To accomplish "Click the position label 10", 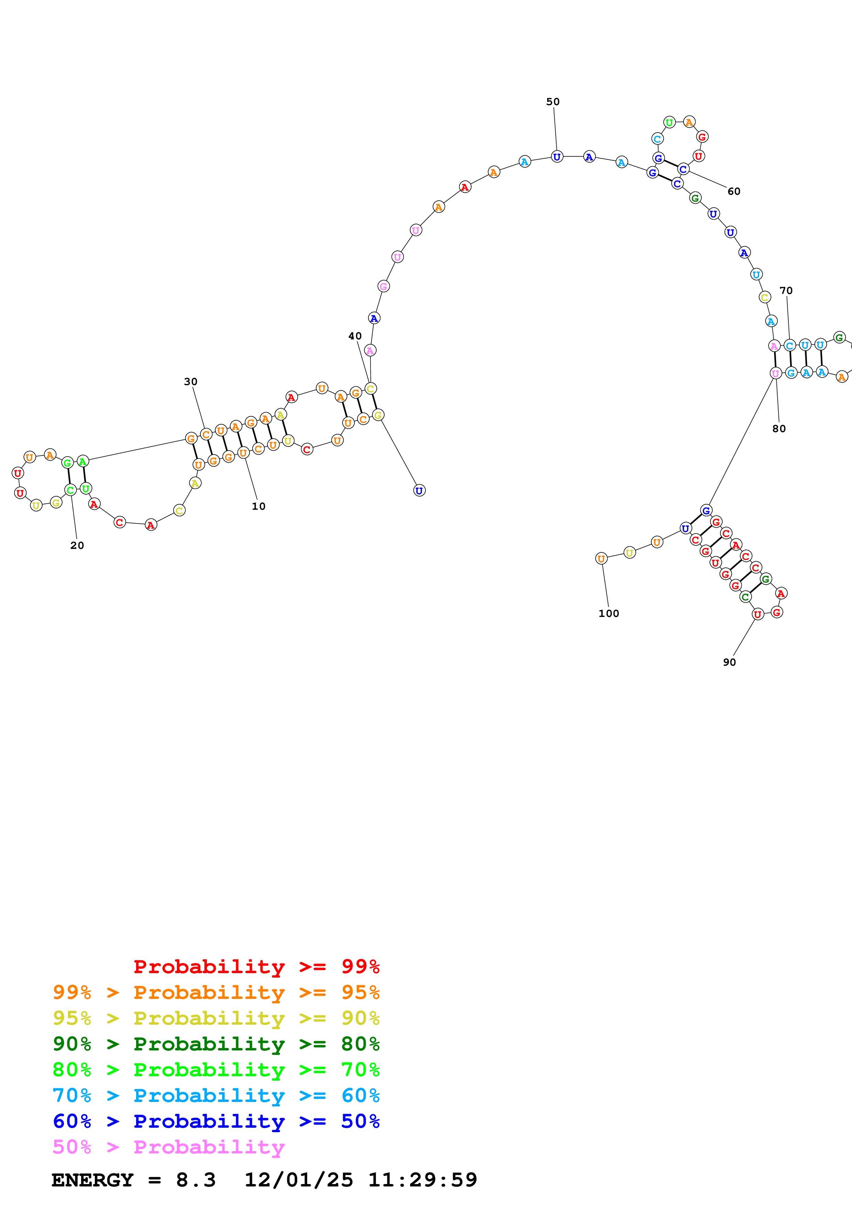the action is tap(258, 506).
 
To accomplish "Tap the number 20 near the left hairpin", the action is tap(77, 545).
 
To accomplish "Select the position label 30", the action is tap(190, 382).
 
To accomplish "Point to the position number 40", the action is tap(355, 336).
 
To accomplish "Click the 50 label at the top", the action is tap(553, 102).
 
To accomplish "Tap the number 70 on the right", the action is tap(786, 291).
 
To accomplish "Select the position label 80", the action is tap(779, 429).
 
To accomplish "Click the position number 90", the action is tap(729, 662).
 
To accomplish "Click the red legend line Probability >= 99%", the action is tap(256, 966).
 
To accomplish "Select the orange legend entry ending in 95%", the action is tap(216, 992).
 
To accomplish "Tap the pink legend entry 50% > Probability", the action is tap(168, 1147).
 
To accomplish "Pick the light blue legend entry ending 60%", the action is tap(216, 1095).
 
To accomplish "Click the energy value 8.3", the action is tap(196, 1180).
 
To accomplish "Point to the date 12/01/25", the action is tap(299, 1180).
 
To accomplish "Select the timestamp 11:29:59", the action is tap(423, 1180).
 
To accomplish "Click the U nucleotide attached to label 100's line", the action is tap(601, 559).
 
